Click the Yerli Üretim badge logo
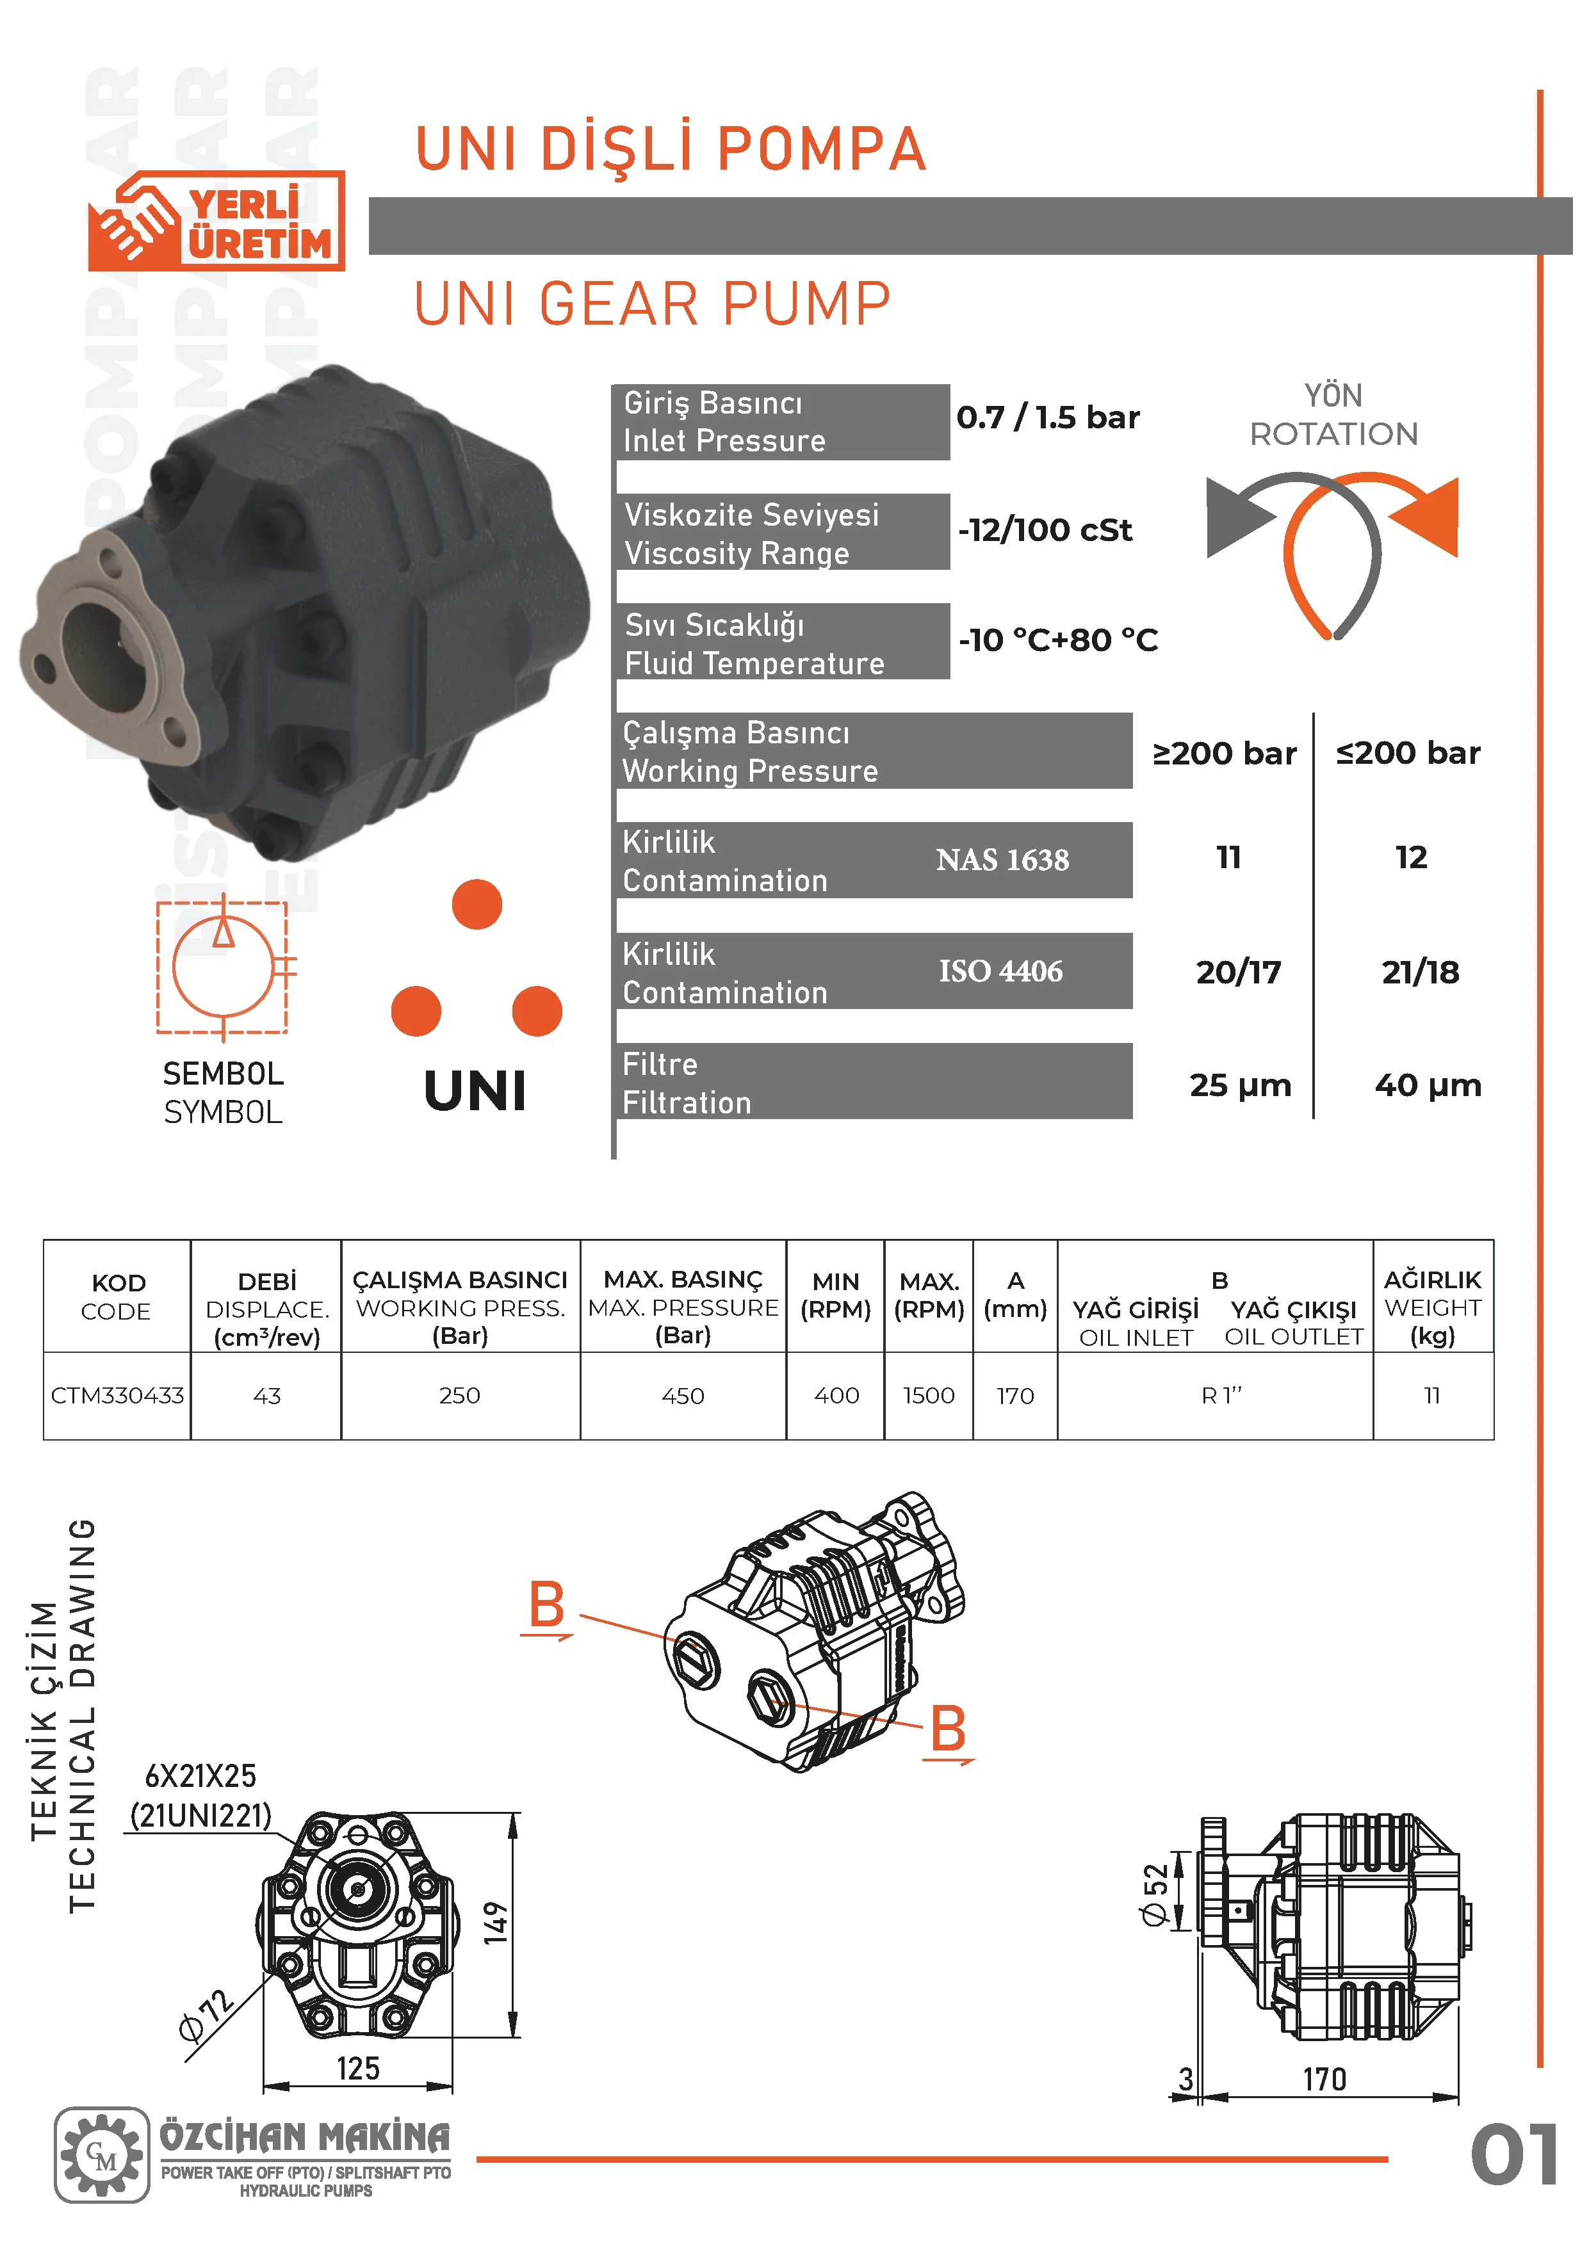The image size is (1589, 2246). click(216, 221)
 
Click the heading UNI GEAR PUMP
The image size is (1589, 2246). click(653, 303)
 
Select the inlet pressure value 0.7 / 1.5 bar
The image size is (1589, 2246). click(1048, 417)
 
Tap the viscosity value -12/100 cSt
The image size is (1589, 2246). click(1045, 530)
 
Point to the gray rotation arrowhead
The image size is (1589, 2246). click(1235, 517)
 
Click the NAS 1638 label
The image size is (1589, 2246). click(1002, 860)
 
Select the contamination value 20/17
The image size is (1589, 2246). click(1239, 973)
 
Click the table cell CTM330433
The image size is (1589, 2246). click(117, 1395)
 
